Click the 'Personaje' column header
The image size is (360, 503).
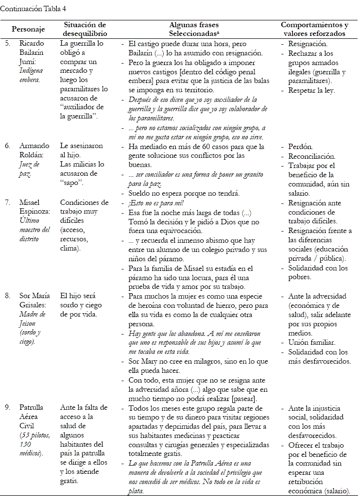click(29, 29)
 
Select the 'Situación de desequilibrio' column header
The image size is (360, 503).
click(85, 29)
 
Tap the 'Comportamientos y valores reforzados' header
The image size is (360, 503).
click(314, 29)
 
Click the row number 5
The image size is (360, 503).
click(7, 43)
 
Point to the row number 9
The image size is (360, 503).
click(7, 407)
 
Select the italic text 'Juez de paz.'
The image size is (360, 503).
click(31, 169)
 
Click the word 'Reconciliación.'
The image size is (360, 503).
click(311, 156)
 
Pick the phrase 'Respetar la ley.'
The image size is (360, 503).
click(311, 90)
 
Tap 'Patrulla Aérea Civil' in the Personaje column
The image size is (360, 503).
click(32, 417)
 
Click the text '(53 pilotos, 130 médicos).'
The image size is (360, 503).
click(34, 445)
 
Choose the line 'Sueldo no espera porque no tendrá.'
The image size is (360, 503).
click(184, 193)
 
